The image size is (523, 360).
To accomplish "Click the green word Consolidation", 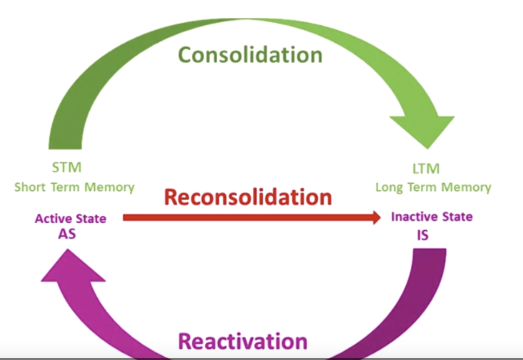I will pyautogui.click(x=250, y=55).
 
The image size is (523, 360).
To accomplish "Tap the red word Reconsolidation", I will pyautogui.click(x=248, y=197).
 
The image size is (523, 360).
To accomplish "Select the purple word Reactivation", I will pyautogui.click(x=243, y=342).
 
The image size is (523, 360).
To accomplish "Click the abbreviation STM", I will pyautogui.click(x=66, y=168).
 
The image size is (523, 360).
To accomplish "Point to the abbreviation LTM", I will pyautogui.click(x=426, y=169).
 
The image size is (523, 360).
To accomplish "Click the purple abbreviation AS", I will pyautogui.click(x=67, y=236).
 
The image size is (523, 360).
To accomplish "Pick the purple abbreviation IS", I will pyautogui.click(x=423, y=236).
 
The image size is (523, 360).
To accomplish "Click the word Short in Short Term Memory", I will pyautogui.click(x=31, y=188).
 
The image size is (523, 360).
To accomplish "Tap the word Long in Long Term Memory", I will pyautogui.click(x=388, y=188).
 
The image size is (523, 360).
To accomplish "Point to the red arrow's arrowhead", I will pyautogui.click(x=376, y=218).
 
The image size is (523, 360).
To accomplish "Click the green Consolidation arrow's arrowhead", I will pyautogui.click(x=421, y=130).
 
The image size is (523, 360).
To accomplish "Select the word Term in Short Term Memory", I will pyautogui.click(x=66, y=188).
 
